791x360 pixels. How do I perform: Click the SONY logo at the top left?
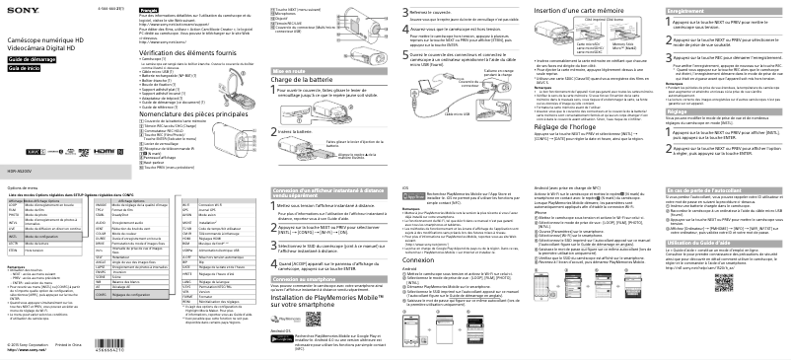pyautogui.click(x=18, y=8)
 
